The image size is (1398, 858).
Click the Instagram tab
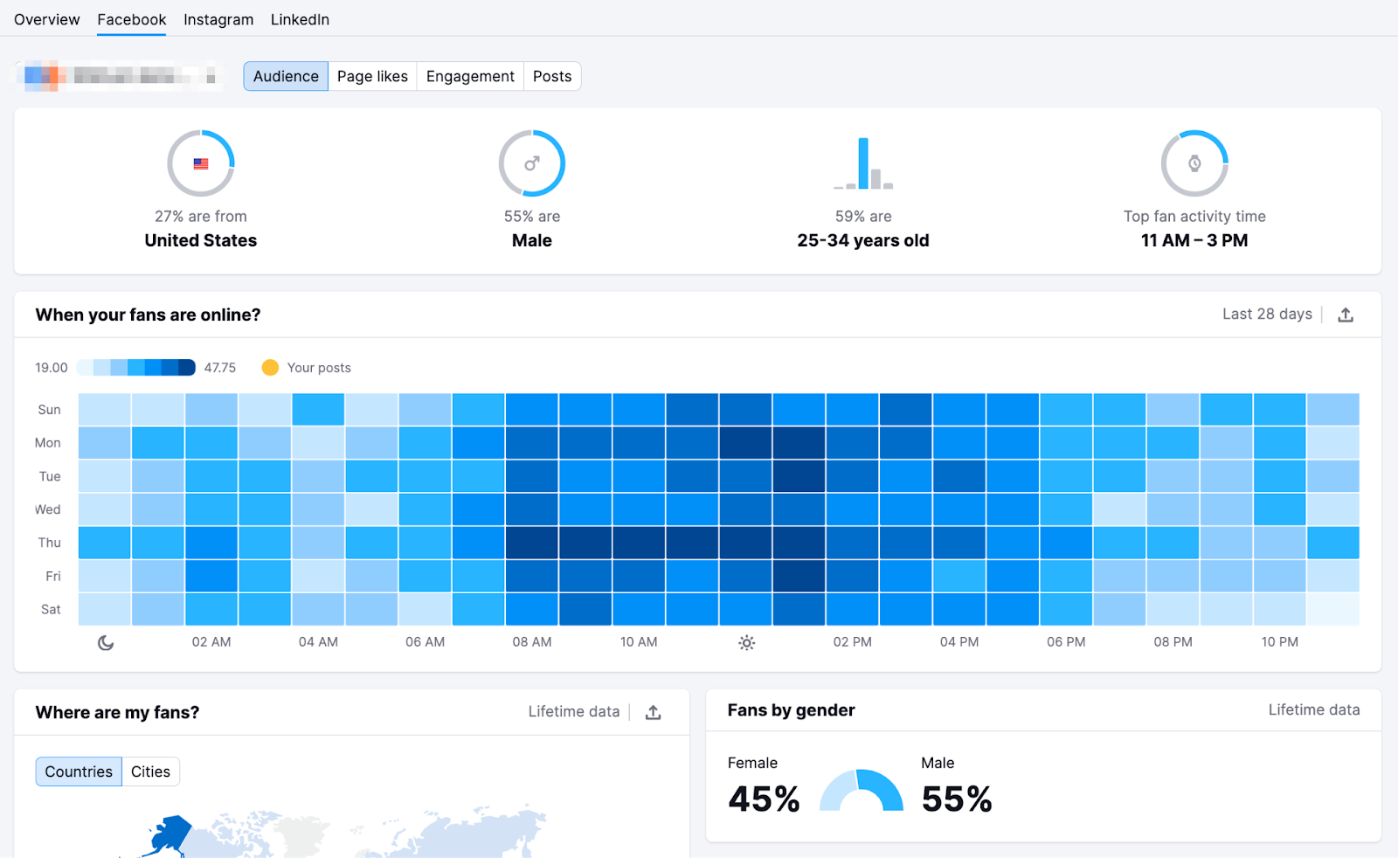(x=218, y=19)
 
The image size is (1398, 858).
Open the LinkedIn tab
(x=300, y=19)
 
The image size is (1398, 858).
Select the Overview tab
(x=46, y=19)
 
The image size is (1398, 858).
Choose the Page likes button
(x=372, y=76)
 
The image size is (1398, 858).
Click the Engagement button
(x=470, y=76)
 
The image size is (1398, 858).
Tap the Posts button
(x=552, y=76)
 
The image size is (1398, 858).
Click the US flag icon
(x=201, y=163)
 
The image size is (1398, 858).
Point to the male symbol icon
(x=532, y=163)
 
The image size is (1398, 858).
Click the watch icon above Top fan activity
(x=1194, y=163)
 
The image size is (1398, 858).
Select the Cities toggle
(x=150, y=772)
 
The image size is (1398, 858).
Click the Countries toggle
(x=79, y=772)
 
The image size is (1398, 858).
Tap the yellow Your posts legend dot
(x=270, y=368)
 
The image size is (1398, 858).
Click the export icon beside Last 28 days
(x=1346, y=315)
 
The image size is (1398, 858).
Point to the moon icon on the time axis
(x=106, y=643)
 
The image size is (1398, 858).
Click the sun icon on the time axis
(x=746, y=643)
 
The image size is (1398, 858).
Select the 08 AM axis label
(x=532, y=642)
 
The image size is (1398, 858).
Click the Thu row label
(x=50, y=543)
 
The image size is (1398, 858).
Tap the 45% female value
(x=764, y=799)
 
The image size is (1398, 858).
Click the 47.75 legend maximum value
(x=220, y=368)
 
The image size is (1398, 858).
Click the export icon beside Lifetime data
(x=653, y=713)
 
